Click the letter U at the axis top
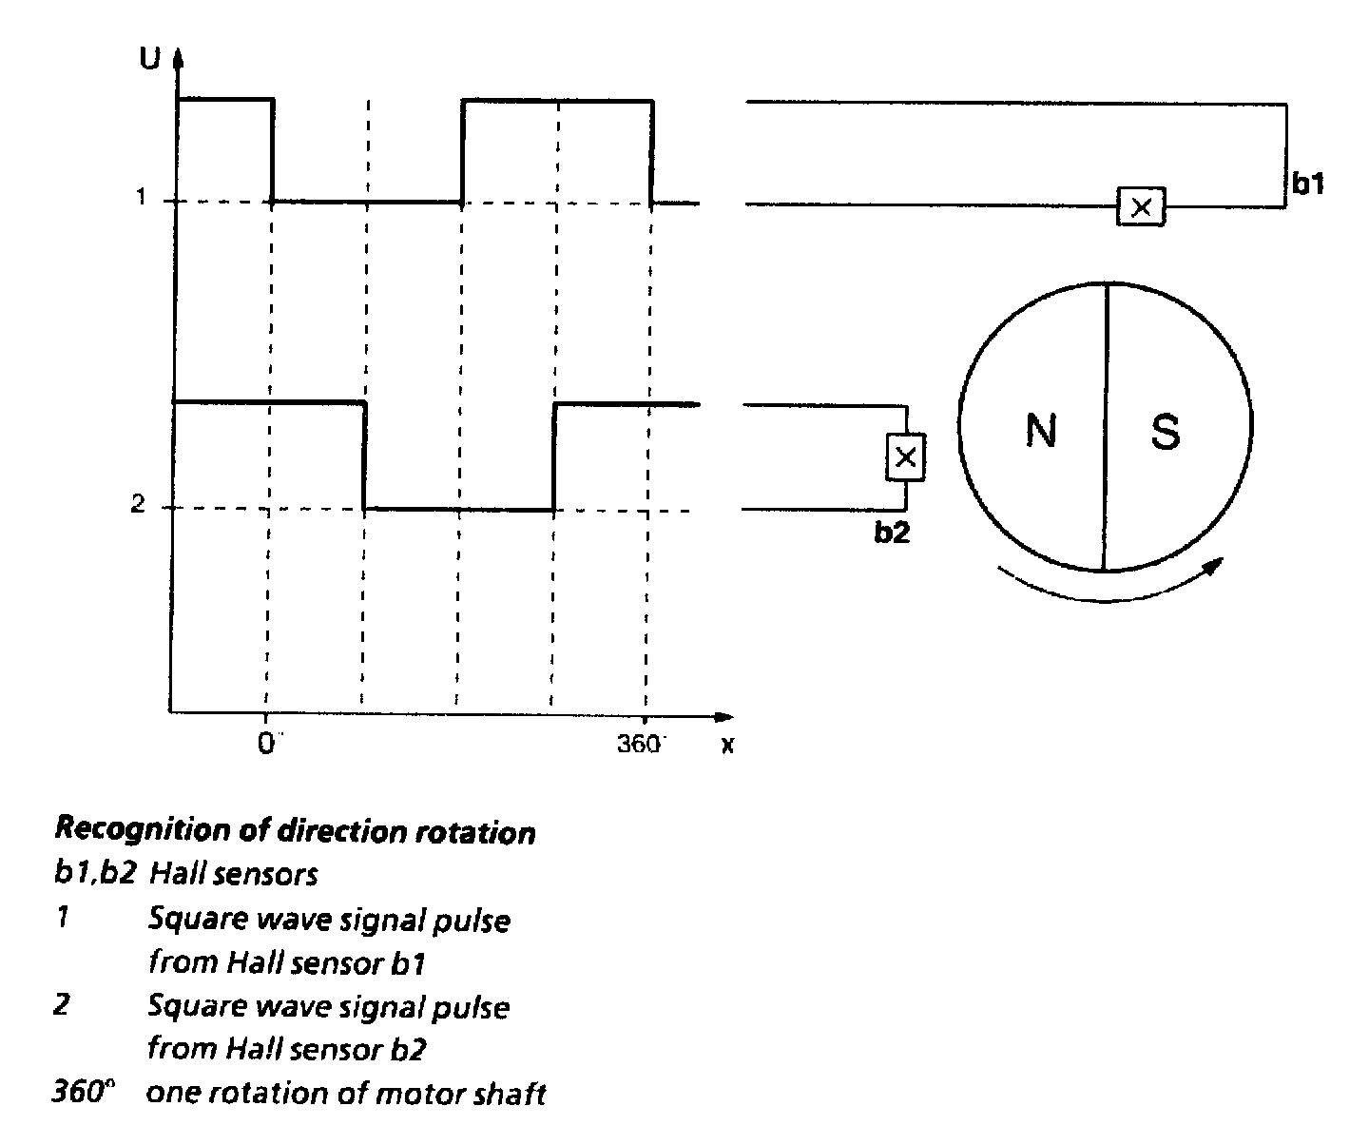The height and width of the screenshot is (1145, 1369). click(x=150, y=59)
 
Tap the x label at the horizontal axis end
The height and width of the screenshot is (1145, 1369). click(x=727, y=745)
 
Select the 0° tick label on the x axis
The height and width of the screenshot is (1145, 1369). click(x=268, y=743)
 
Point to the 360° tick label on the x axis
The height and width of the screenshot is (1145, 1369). click(x=641, y=743)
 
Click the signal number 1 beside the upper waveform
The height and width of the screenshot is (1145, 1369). click(x=141, y=198)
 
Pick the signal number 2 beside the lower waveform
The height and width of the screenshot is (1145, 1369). click(x=138, y=505)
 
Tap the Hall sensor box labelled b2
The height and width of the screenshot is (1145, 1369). click(x=905, y=457)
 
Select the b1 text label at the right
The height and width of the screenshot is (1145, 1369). click(x=1308, y=184)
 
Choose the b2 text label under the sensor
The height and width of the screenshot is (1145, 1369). click(x=892, y=534)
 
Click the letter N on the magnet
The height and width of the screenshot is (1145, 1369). click(x=1041, y=432)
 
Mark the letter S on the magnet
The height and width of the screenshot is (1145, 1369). click(x=1165, y=432)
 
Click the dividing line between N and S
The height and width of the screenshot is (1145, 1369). click(x=1105, y=428)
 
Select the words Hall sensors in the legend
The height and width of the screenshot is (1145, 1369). click(x=234, y=874)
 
